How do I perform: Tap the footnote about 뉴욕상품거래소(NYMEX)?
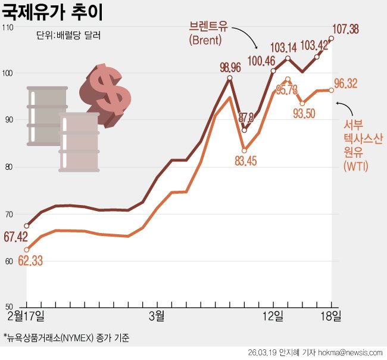(67, 338)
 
